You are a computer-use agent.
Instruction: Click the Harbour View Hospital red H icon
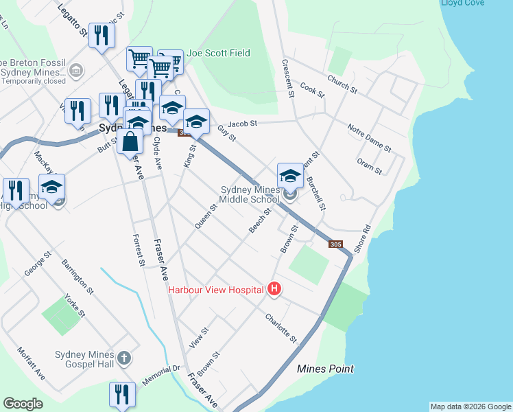point(274,289)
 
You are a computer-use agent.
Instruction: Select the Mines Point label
point(325,369)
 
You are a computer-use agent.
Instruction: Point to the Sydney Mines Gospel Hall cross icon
point(123,358)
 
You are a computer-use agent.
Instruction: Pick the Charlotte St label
point(281,328)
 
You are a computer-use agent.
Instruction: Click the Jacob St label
point(242,124)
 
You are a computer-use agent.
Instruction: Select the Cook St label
point(311,91)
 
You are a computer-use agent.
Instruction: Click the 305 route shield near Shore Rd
point(335,244)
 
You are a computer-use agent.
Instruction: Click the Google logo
point(23,404)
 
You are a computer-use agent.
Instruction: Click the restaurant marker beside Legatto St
point(102,36)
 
